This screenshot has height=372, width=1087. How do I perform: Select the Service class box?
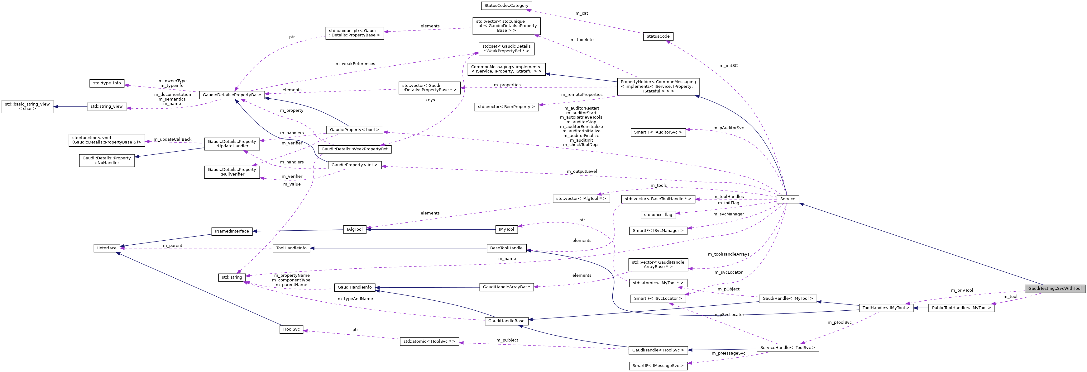pos(788,199)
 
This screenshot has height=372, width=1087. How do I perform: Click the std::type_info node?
pos(107,83)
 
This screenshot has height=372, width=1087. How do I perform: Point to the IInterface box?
pos(107,248)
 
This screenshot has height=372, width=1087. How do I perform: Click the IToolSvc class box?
pos(291,329)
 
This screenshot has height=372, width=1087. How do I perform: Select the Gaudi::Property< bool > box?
pos(354,130)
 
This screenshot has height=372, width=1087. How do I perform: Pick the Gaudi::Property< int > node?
pos(354,165)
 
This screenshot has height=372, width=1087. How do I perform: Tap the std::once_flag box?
pos(658,215)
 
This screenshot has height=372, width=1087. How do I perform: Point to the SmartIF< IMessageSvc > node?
pos(658,366)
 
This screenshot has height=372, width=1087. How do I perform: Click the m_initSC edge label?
pos(728,66)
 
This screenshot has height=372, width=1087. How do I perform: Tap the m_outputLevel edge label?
pos(582,172)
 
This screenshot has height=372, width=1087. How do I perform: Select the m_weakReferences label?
pos(355,64)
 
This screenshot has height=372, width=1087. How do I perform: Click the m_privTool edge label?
pos(962,290)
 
